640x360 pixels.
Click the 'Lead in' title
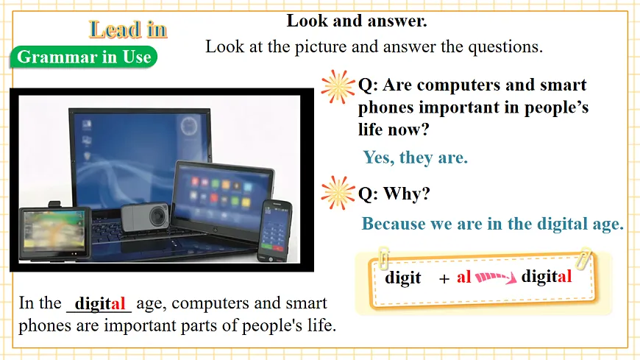click(128, 29)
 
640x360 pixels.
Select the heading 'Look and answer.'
click(357, 21)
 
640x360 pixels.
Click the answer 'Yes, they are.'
click(415, 157)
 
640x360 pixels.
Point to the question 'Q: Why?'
click(394, 194)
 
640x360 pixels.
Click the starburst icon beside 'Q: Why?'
click(338, 193)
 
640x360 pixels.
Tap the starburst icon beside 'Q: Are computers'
click(338, 86)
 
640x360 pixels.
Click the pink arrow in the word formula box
click(496, 278)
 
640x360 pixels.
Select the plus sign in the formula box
click(444, 279)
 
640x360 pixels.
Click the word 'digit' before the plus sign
click(403, 278)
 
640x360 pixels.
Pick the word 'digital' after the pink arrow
click(546, 277)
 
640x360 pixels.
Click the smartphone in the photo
click(276, 228)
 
